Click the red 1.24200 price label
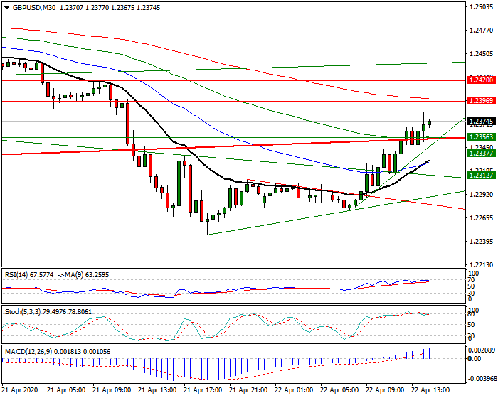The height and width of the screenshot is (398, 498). point(480,80)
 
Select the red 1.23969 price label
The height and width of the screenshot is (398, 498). point(480,101)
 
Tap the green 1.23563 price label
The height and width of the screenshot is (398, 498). point(480,136)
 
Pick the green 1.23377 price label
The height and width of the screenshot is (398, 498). point(480,153)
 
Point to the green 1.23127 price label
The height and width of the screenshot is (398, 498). point(480,175)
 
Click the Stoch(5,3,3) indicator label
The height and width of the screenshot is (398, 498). point(21,311)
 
